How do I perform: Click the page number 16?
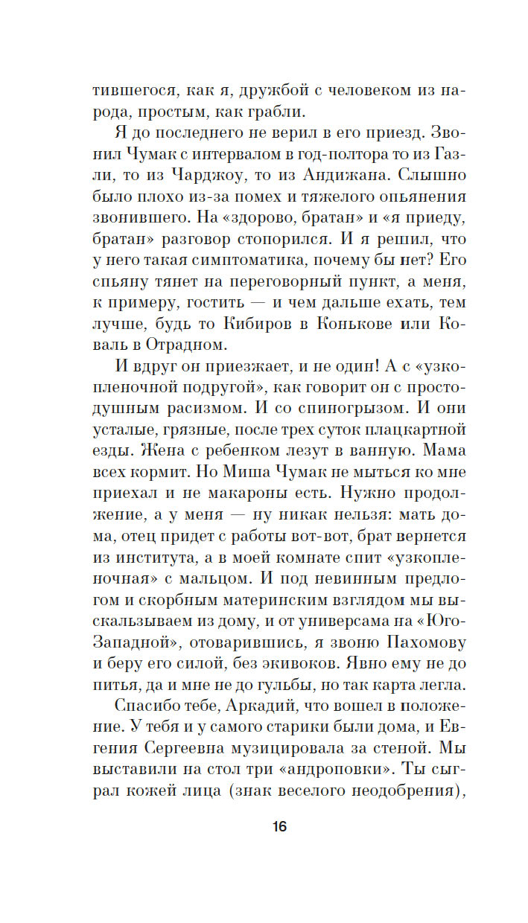279,826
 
